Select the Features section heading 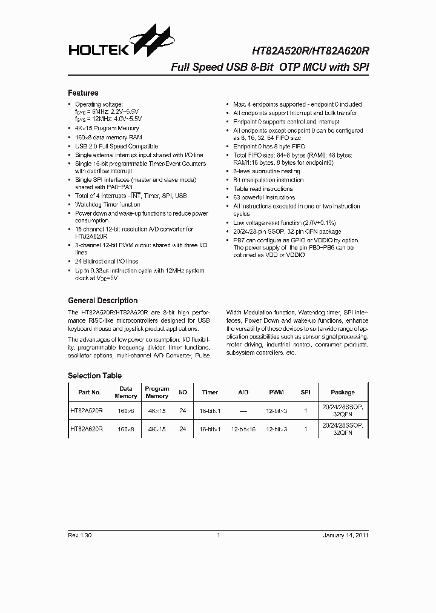click(x=83, y=93)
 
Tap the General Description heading click(x=102, y=300)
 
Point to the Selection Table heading click(x=94, y=376)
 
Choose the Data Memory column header click(x=125, y=393)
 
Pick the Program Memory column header click(x=157, y=393)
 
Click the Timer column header click(x=210, y=393)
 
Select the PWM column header click(x=276, y=393)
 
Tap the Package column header click(x=343, y=393)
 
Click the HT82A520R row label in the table click(x=87, y=411)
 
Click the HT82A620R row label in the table click(x=87, y=429)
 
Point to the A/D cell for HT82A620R click(x=243, y=429)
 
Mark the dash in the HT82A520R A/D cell click(x=243, y=411)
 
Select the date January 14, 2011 click(x=345, y=535)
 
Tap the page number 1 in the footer click(x=217, y=535)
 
